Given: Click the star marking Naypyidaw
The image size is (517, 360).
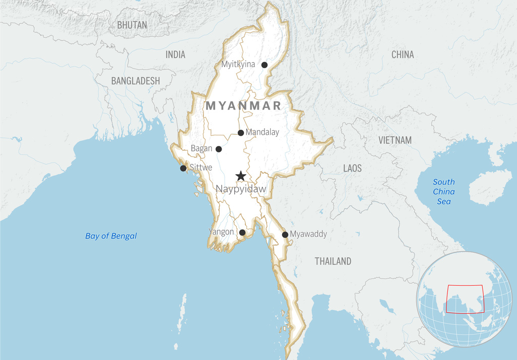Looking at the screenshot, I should tap(241, 176).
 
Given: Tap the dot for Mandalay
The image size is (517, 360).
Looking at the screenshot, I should tap(241, 133).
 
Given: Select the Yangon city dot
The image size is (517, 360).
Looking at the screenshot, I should tap(242, 232).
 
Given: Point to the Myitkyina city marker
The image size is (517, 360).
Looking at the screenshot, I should tap(264, 65).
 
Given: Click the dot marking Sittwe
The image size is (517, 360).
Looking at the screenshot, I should tap(183, 168).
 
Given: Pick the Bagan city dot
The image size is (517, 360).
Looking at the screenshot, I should tap(219, 149).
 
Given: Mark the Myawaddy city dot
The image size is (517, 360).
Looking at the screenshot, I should tap(285, 234).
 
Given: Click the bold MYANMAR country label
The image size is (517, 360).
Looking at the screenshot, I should tap(243, 106).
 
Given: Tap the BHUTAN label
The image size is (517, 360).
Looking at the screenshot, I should tap(132, 25).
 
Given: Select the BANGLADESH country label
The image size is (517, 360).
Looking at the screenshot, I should tap(135, 81).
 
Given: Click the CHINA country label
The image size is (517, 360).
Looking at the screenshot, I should tap(402, 55).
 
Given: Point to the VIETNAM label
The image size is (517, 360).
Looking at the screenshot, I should tap(395, 140).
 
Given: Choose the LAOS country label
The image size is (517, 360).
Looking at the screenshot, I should tap(352, 168).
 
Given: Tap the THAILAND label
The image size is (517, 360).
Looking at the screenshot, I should tap(333, 261).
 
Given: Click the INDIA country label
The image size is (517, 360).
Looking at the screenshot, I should tap(175, 55).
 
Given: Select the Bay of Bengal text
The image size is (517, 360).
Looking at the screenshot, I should tap(111, 236).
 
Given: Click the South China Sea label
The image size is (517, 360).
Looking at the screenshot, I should tap(444, 191).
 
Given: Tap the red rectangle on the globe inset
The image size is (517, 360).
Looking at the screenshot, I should tap(465, 298).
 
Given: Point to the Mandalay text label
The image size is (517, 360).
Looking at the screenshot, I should tap(262, 132).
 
